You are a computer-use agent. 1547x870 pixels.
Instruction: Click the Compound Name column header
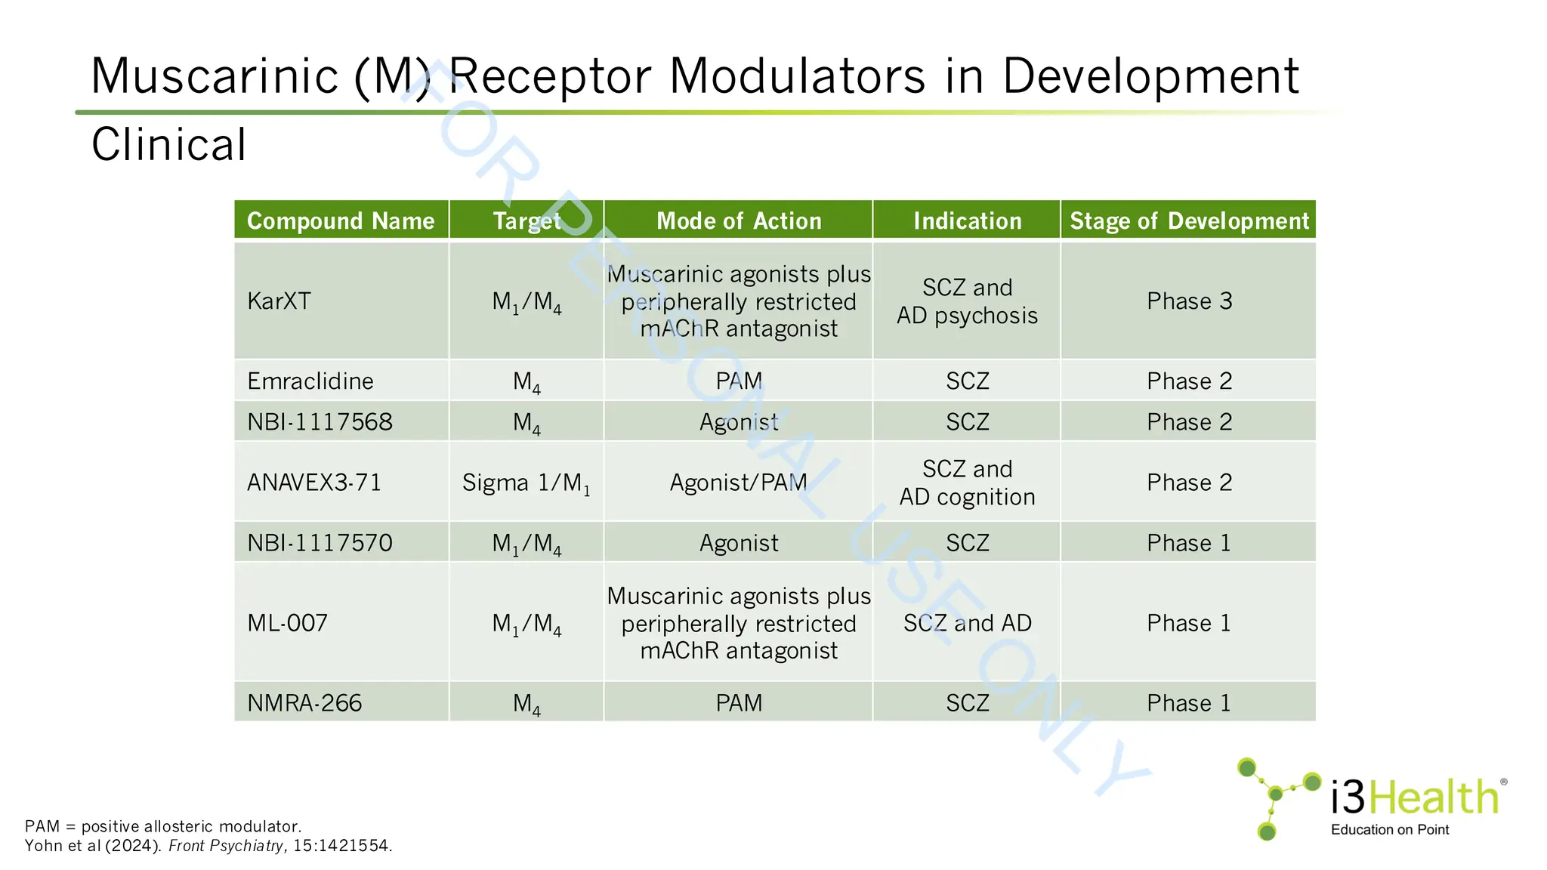(x=341, y=221)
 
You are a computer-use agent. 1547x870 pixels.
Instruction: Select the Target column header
(x=526, y=221)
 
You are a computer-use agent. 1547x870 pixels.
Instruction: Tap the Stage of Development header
(x=1189, y=221)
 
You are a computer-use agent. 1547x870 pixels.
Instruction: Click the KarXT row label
(x=279, y=301)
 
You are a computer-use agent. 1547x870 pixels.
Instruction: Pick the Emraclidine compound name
(x=310, y=381)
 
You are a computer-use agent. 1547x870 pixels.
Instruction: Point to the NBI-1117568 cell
(x=320, y=422)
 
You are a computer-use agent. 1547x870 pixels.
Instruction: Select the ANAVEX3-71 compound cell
(x=314, y=483)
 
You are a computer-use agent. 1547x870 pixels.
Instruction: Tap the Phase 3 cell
(x=1189, y=301)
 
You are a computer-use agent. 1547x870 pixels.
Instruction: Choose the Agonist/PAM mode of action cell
(x=738, y=483)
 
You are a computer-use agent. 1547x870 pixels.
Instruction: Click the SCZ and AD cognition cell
(x=967, y=483)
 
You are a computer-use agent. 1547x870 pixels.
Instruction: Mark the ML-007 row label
(x=287, y=623)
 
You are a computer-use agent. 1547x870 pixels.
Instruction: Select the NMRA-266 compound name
(x=304, y=703)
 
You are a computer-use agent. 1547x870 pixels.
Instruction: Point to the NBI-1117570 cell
(x=320, y=543)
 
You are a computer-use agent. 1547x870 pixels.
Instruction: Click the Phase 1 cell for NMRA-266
(x=1189, y=703)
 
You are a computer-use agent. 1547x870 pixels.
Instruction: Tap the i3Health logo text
(x=1414, y=797)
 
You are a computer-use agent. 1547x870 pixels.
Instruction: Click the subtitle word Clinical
(x=168, y=144)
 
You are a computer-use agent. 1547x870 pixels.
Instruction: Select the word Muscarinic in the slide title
(x=215, y=76)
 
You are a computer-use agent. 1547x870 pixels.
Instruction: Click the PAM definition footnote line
(x=163, y=826)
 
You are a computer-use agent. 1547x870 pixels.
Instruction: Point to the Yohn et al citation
(x=208, y=846)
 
